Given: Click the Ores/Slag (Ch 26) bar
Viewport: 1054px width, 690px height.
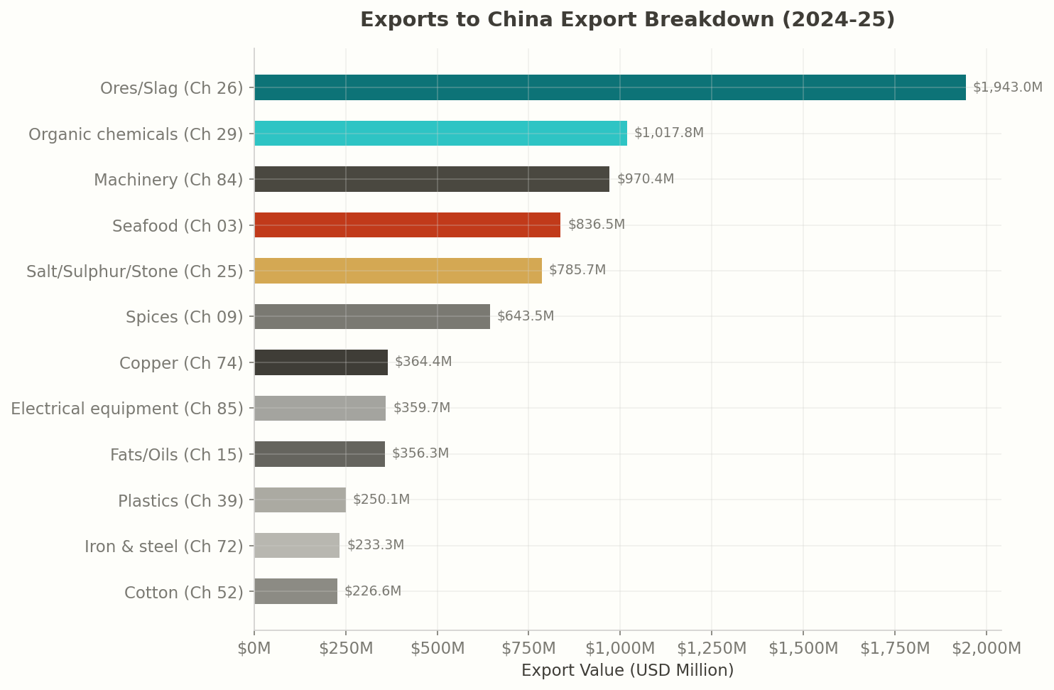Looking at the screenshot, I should click(609, 87).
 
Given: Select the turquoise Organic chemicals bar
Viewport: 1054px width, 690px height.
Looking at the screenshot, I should click(440, 134).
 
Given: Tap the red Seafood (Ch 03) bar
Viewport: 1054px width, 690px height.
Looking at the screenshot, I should click(407, 225).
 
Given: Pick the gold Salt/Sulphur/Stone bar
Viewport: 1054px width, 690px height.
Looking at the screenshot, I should click(398, 271).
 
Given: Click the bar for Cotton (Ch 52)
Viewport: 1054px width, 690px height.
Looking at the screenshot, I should click(295, 591).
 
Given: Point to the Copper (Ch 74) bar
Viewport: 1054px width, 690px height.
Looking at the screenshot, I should click(320, 362).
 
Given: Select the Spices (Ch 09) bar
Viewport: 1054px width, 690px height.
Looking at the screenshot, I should click(371, 316).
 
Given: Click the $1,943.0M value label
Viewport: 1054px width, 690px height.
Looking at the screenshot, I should click(1007, 87).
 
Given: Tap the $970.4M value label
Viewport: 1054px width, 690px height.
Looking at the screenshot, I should click(645, 179).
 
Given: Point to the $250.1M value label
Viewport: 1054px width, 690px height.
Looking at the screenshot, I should click(381, 500).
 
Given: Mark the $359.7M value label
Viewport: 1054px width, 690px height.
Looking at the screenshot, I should click(421, 408).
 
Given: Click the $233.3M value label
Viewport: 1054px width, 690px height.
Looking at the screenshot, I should click(375, 545).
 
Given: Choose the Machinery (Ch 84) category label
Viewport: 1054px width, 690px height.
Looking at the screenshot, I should click(168, 180).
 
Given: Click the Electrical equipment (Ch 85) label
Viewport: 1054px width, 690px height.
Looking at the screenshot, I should click(127, 409).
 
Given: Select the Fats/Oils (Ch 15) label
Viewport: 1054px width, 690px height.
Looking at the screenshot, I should click(176, 455).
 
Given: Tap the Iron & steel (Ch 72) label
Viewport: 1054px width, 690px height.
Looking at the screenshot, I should click(163, 546).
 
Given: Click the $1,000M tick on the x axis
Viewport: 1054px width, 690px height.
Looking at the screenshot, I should click(619, 648).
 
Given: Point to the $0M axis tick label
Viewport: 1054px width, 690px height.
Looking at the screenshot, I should click(254, 648).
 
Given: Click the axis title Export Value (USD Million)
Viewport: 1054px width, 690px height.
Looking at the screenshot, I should click(627, 670).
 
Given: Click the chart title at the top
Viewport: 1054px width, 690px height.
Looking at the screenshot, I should click(627, 20).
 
